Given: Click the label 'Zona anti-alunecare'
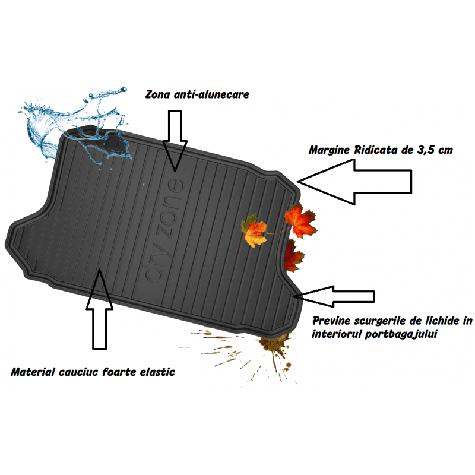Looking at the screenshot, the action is (x=197, y=94).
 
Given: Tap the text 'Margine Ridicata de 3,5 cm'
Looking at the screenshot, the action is (x=381, y=150).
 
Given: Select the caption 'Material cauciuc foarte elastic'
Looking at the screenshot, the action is (x=93, y=372).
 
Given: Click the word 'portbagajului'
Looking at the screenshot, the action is (x=401, y=334).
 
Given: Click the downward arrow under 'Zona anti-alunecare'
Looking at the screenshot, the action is (x=175, y=141).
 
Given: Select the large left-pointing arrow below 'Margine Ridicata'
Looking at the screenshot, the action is (x=354, y=182).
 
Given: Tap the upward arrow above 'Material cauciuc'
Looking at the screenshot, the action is (x=99, y=309).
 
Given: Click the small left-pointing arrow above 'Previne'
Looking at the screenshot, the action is (x=334, y=296).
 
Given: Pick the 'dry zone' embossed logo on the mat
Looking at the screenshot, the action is (x=164, y=230).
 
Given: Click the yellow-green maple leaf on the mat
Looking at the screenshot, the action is (x=254, y=231).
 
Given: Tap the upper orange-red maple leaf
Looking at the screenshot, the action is (x=300, y=220).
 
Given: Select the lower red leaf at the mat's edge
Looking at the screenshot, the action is (x=293, y=255).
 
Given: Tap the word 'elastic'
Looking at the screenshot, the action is (x=157, y=372).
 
